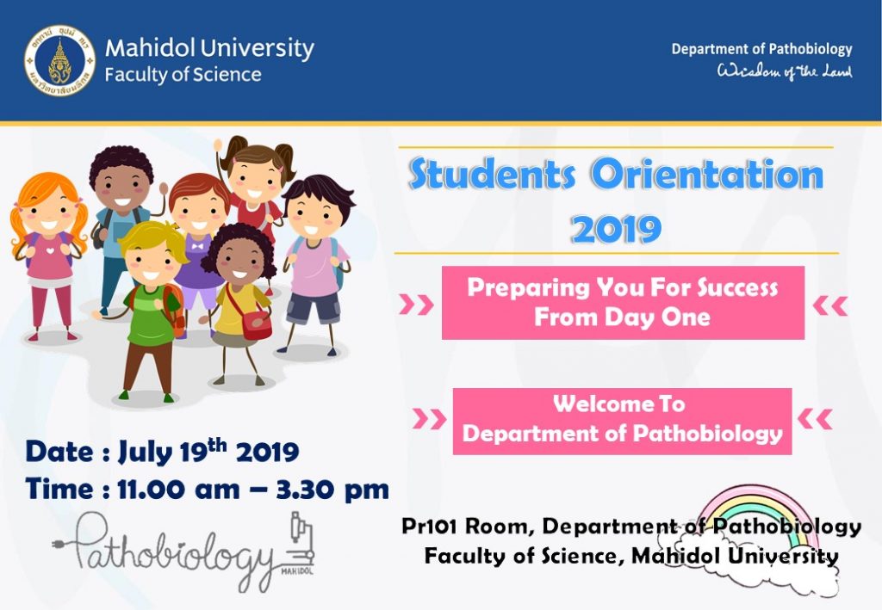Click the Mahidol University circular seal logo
click(60, 60)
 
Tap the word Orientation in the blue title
click(707, 175)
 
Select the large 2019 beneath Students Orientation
click(616, 229)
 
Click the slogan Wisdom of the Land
click(784, 71)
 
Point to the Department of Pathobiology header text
click(761, 49)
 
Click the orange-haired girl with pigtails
click(48, 256)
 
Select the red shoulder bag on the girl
click(255, 324)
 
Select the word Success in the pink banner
click(737, 287)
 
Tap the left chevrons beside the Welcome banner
click(429, 418)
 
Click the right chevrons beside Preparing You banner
click(830, 306)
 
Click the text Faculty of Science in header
click(183, 75)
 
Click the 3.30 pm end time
click(332, 490)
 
